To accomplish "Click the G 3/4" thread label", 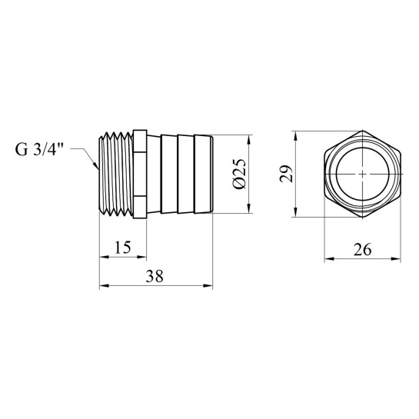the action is (39, 150).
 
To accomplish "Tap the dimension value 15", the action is (123, 248).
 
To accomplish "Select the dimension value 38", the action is (155, 276).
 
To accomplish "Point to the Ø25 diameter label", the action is (238, 174).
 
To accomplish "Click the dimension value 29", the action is (286, 174).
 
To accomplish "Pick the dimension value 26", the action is (363, 250).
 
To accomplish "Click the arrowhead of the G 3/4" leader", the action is (95, 165).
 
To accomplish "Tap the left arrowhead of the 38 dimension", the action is (105, 286).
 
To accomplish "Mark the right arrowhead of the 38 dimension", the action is (208, 286).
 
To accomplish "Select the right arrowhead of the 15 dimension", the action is (141, 257).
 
